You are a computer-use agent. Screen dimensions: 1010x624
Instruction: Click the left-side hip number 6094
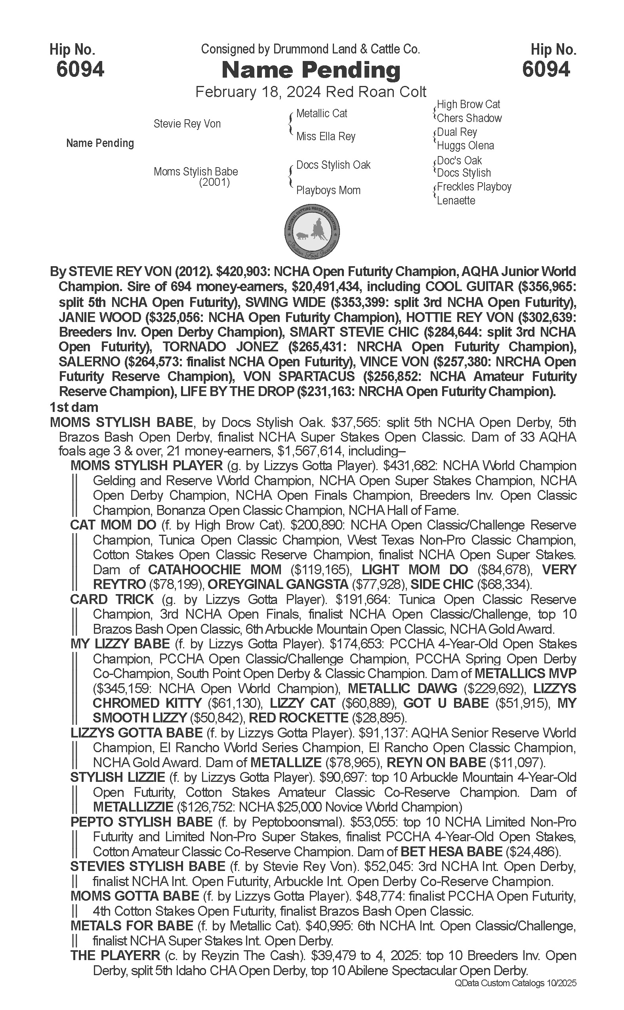80,69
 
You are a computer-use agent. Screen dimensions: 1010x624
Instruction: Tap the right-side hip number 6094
546,69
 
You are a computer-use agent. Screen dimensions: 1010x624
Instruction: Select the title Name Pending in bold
311,70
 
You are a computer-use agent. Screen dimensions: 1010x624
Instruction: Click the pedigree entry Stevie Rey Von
187,124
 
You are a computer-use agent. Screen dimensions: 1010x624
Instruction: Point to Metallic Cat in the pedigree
321,113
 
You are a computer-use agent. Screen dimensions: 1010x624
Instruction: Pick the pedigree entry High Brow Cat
468,105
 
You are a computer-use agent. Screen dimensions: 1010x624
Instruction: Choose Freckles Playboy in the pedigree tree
474,187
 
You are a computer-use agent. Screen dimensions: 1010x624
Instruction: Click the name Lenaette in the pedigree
456,201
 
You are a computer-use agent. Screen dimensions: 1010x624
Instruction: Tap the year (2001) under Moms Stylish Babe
214,182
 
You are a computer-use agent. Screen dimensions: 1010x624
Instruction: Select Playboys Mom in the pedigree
328,191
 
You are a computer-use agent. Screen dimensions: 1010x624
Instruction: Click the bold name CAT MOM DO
113,525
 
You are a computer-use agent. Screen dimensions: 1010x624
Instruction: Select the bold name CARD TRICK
112,600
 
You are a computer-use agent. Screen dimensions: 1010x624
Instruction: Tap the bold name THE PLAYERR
115,955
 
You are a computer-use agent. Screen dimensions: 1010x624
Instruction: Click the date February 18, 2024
258,91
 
